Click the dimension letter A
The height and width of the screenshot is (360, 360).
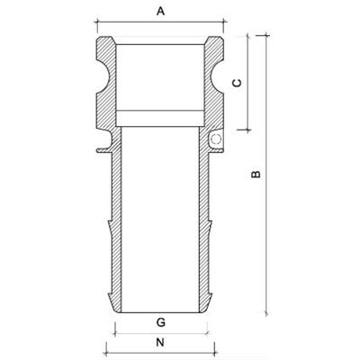(x=161, y=12)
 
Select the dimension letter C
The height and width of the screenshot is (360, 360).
(x=235, y=82)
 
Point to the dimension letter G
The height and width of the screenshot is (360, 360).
(x=160, y=321)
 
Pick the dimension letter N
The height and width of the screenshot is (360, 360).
(x=160, y=343)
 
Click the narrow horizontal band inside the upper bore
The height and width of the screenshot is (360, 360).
(x=161, y=116)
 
